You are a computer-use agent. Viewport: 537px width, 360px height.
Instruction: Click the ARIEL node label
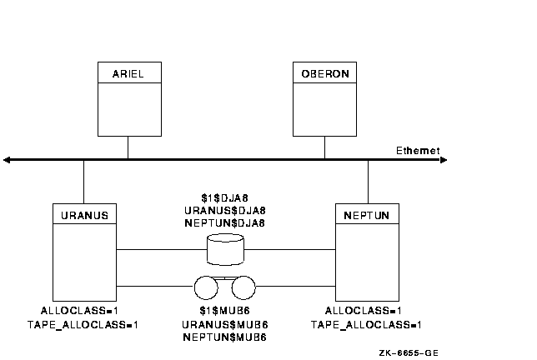click(x=127, y=74)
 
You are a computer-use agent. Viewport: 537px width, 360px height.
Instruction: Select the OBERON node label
click(x=324, y=74)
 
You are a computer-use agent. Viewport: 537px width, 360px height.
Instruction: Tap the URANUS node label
click(x=84, y=215)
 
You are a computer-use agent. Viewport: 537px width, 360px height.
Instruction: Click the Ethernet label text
click(x=419, y=151)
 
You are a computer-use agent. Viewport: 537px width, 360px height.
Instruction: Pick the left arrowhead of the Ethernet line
click(x=8, y=159)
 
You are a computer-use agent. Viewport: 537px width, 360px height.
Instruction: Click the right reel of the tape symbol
click(x=243, y=287)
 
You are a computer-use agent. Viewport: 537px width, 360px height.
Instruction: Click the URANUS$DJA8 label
click(x=224, y=211)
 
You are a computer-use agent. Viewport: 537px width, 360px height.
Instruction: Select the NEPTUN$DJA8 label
click(x=224, y=222)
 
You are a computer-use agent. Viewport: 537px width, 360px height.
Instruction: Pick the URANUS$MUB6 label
click(x=224, y=324)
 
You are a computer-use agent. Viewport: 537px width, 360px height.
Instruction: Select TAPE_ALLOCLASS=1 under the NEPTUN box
click(x=366, y=324)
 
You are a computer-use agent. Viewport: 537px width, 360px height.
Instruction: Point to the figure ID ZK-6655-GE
click(x=409, y=352)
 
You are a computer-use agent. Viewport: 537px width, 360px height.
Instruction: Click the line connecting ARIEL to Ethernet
click(x=128, y=147)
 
